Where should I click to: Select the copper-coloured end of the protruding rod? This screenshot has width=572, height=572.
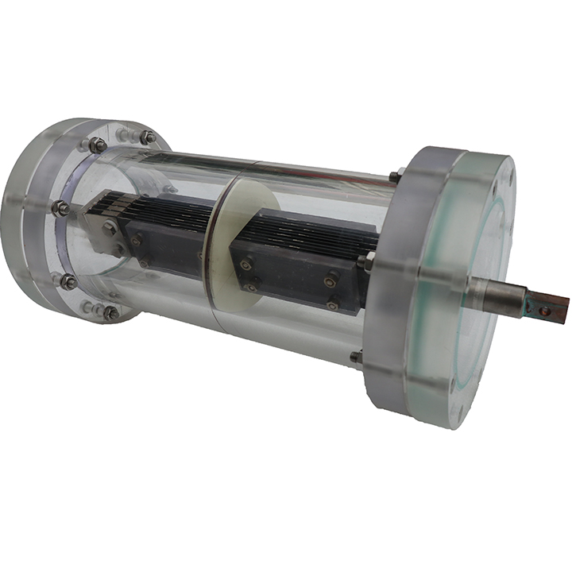(x=550, y=307)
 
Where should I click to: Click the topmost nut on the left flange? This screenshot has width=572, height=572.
(x=97, y=145)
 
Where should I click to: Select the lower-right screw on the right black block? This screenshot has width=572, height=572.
(x=333, y=303)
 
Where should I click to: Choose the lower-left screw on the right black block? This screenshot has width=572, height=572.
(x=252, y=286)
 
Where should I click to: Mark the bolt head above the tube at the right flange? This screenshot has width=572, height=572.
(x=394, y=175)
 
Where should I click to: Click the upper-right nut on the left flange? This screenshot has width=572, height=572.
(x=147, y=137)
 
